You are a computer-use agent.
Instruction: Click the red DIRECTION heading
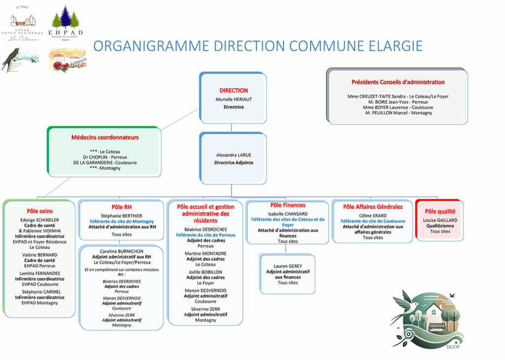[233, 91]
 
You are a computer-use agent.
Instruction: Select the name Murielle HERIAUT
[233, 99]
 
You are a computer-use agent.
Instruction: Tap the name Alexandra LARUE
[233, 155]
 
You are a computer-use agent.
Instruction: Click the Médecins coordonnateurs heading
[105, 138]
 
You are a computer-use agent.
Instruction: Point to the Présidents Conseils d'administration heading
[397, 82]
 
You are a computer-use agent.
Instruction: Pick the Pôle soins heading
[39, 211]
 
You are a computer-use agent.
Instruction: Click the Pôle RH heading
[121, 207]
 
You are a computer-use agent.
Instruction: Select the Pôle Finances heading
[288, 205]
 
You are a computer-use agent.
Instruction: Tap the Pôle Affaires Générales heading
[372, 207]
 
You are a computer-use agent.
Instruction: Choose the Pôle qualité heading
[439, 211]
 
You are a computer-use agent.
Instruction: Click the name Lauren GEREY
[288, 266]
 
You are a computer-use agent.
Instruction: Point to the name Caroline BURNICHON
[121, 251]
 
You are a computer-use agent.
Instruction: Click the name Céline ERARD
[372, 216]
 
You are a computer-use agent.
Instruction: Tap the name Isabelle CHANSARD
[288, 214]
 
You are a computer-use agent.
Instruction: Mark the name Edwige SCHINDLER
[39, 220]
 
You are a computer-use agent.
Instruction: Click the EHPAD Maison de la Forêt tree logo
[65, 22]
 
